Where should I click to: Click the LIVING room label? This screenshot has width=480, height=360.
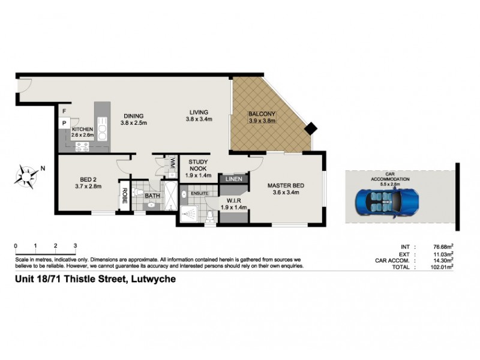pos(199,112)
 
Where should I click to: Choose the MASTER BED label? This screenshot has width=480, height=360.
pos(285,185)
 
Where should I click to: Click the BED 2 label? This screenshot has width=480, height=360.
pos(88,178)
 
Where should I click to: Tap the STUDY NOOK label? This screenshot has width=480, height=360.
pos(199,166)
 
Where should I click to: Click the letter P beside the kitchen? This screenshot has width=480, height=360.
pos(64,124)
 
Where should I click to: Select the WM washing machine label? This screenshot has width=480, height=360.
pos(172,163)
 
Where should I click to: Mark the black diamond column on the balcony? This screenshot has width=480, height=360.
pos(311,128)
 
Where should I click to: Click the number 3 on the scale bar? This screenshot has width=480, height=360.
pos(75,246)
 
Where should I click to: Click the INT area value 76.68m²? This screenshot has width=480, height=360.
pos(442,247)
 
